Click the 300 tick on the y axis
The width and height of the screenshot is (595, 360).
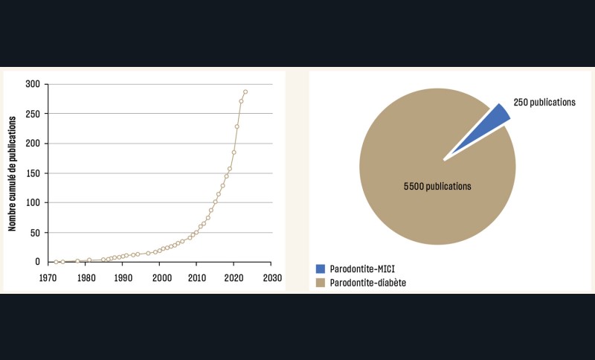[32, 84]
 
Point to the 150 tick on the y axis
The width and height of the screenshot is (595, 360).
[32, 173]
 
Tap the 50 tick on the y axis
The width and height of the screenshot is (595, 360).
[34, 232]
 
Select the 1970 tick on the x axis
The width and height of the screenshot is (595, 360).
[49, 277]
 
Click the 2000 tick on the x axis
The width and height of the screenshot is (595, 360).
[161, 277]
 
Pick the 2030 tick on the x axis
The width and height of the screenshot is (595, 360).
[271, 277]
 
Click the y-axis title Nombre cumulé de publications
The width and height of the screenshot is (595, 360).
[13, 173]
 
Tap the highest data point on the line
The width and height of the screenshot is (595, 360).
[245, 92]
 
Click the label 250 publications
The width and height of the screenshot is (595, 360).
[544, 103]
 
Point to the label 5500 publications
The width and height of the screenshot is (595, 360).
[437, 186]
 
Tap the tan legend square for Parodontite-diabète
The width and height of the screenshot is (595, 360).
[321, 283]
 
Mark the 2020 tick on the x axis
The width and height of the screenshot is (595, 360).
[234, 277]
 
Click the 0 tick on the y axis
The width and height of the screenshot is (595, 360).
[36, 262]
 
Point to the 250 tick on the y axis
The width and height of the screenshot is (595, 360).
[32, 114]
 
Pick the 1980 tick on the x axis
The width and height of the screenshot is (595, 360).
[86, 277]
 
